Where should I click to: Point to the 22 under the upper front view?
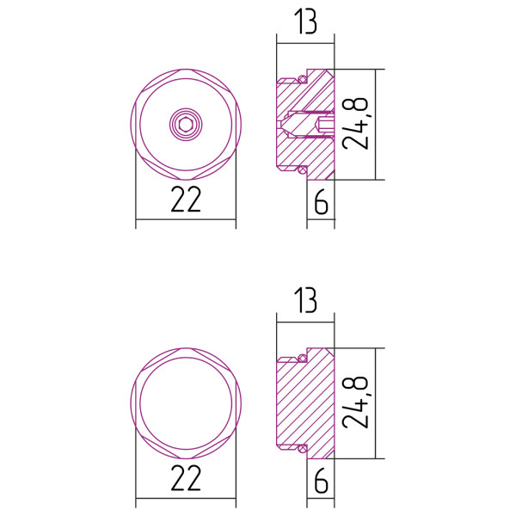pos(186,200)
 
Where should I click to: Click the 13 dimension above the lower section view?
pos(304,302)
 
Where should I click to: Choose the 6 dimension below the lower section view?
pos(321,481)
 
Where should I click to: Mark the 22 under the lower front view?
pos(186,478)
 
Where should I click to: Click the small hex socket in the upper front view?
pos(185,125)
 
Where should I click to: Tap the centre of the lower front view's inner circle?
pos(185,402)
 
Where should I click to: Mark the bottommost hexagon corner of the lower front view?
pos(185,458)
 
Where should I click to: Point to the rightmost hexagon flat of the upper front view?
pos(234,125)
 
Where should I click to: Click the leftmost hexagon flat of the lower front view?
pos(137,402)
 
